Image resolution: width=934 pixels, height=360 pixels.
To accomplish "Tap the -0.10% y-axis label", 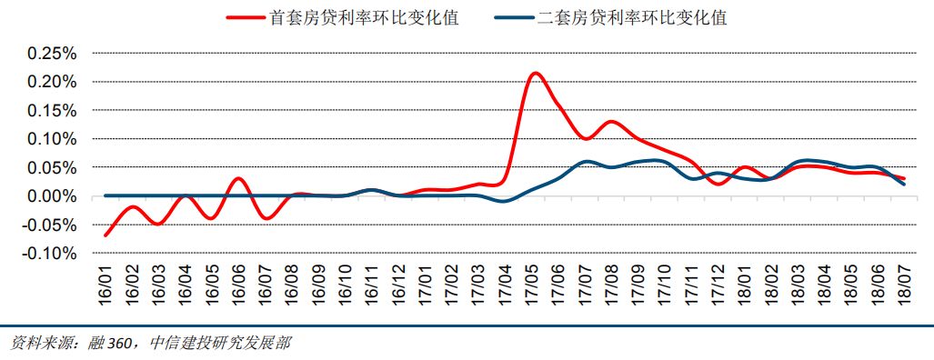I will click(x=49, y=254).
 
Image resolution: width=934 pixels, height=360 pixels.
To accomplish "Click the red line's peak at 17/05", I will click(x=535, y=73).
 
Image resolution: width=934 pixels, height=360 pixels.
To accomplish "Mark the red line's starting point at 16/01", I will click(x=105, y=235).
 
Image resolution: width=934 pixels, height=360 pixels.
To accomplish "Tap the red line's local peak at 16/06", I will click(x=238, y=178).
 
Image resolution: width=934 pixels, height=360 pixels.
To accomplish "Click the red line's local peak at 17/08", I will click(x=611, y=122).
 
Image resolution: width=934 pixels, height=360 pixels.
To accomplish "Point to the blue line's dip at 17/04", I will click(x=505, y=201).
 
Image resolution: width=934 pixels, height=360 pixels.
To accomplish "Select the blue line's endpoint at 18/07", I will click(x=904, y=185).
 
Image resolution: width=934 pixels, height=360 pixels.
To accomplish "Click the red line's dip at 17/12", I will click(x=718, y=185).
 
